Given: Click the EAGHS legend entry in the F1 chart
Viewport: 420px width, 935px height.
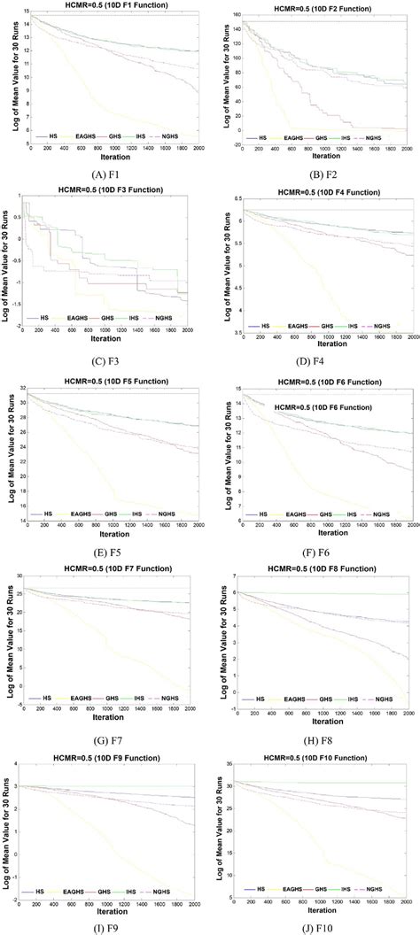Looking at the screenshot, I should pyautogui.click(x=80, y=137).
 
